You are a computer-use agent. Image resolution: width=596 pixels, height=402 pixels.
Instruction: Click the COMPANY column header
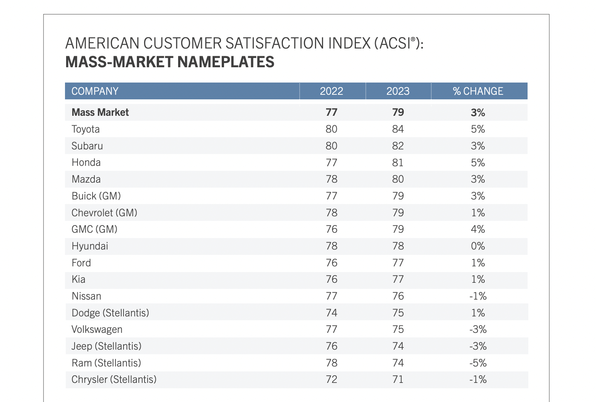pos(95,91)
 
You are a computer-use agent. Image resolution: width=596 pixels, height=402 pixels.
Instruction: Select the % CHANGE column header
pos(478,91)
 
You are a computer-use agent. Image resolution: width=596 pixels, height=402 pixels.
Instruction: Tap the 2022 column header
pos(331,91)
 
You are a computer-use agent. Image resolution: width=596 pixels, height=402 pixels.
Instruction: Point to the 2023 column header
pos(398,91)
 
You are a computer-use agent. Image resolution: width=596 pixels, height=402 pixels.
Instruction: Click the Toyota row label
pos(86,129)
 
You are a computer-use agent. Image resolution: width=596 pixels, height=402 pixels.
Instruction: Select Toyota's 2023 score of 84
pos(398,129)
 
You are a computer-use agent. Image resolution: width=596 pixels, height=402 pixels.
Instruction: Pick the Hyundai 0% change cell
pos(478,246)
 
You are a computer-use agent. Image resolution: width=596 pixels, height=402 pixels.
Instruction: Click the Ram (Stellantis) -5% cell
pos(478,363)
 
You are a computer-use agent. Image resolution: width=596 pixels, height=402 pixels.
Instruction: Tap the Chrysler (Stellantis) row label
pos(114,379)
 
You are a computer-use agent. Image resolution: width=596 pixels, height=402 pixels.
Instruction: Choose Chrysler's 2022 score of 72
pos(331,379)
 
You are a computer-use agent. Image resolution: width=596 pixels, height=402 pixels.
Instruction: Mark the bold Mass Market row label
pos(100,112)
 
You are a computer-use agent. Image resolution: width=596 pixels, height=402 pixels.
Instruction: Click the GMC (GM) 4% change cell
pos(478,229)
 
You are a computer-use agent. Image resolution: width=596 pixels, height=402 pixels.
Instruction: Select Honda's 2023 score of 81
pos(398,162)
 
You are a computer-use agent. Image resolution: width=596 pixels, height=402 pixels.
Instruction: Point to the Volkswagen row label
pos(97,329)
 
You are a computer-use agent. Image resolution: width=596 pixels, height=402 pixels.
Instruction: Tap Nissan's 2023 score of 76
pos(398,296)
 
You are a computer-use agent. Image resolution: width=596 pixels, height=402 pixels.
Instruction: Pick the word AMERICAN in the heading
pos(102,43)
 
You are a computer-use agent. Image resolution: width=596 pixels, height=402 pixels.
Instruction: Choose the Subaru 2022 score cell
pos(331,146)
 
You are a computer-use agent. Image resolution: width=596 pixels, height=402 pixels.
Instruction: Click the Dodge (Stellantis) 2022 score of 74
pos(331,313)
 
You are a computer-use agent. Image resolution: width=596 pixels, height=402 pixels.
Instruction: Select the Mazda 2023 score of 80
pos(398,179)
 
